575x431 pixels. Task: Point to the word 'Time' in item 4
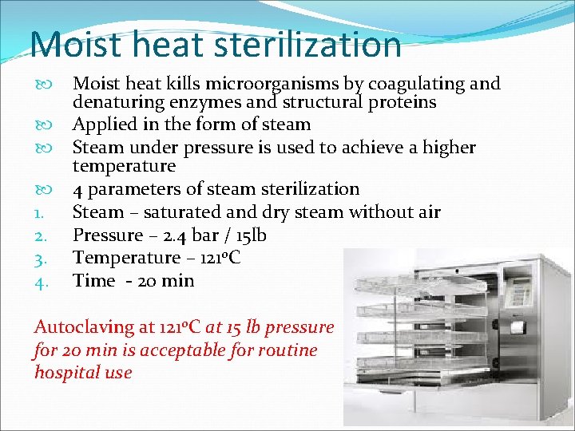pyautogui.click(x=93, y=280)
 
